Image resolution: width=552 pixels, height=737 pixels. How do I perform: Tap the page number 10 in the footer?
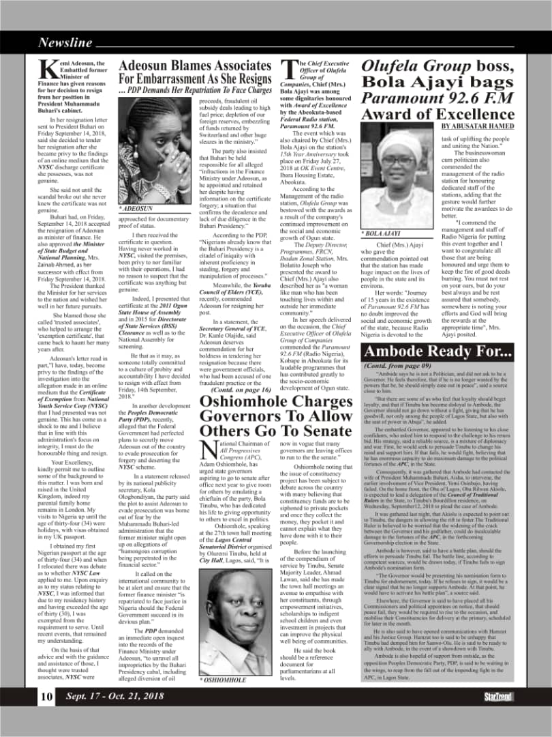coord(46,697)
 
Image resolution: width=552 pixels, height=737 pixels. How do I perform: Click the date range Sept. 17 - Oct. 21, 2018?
coord(115,697)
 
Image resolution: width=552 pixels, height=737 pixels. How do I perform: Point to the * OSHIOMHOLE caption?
coord(224,680)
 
